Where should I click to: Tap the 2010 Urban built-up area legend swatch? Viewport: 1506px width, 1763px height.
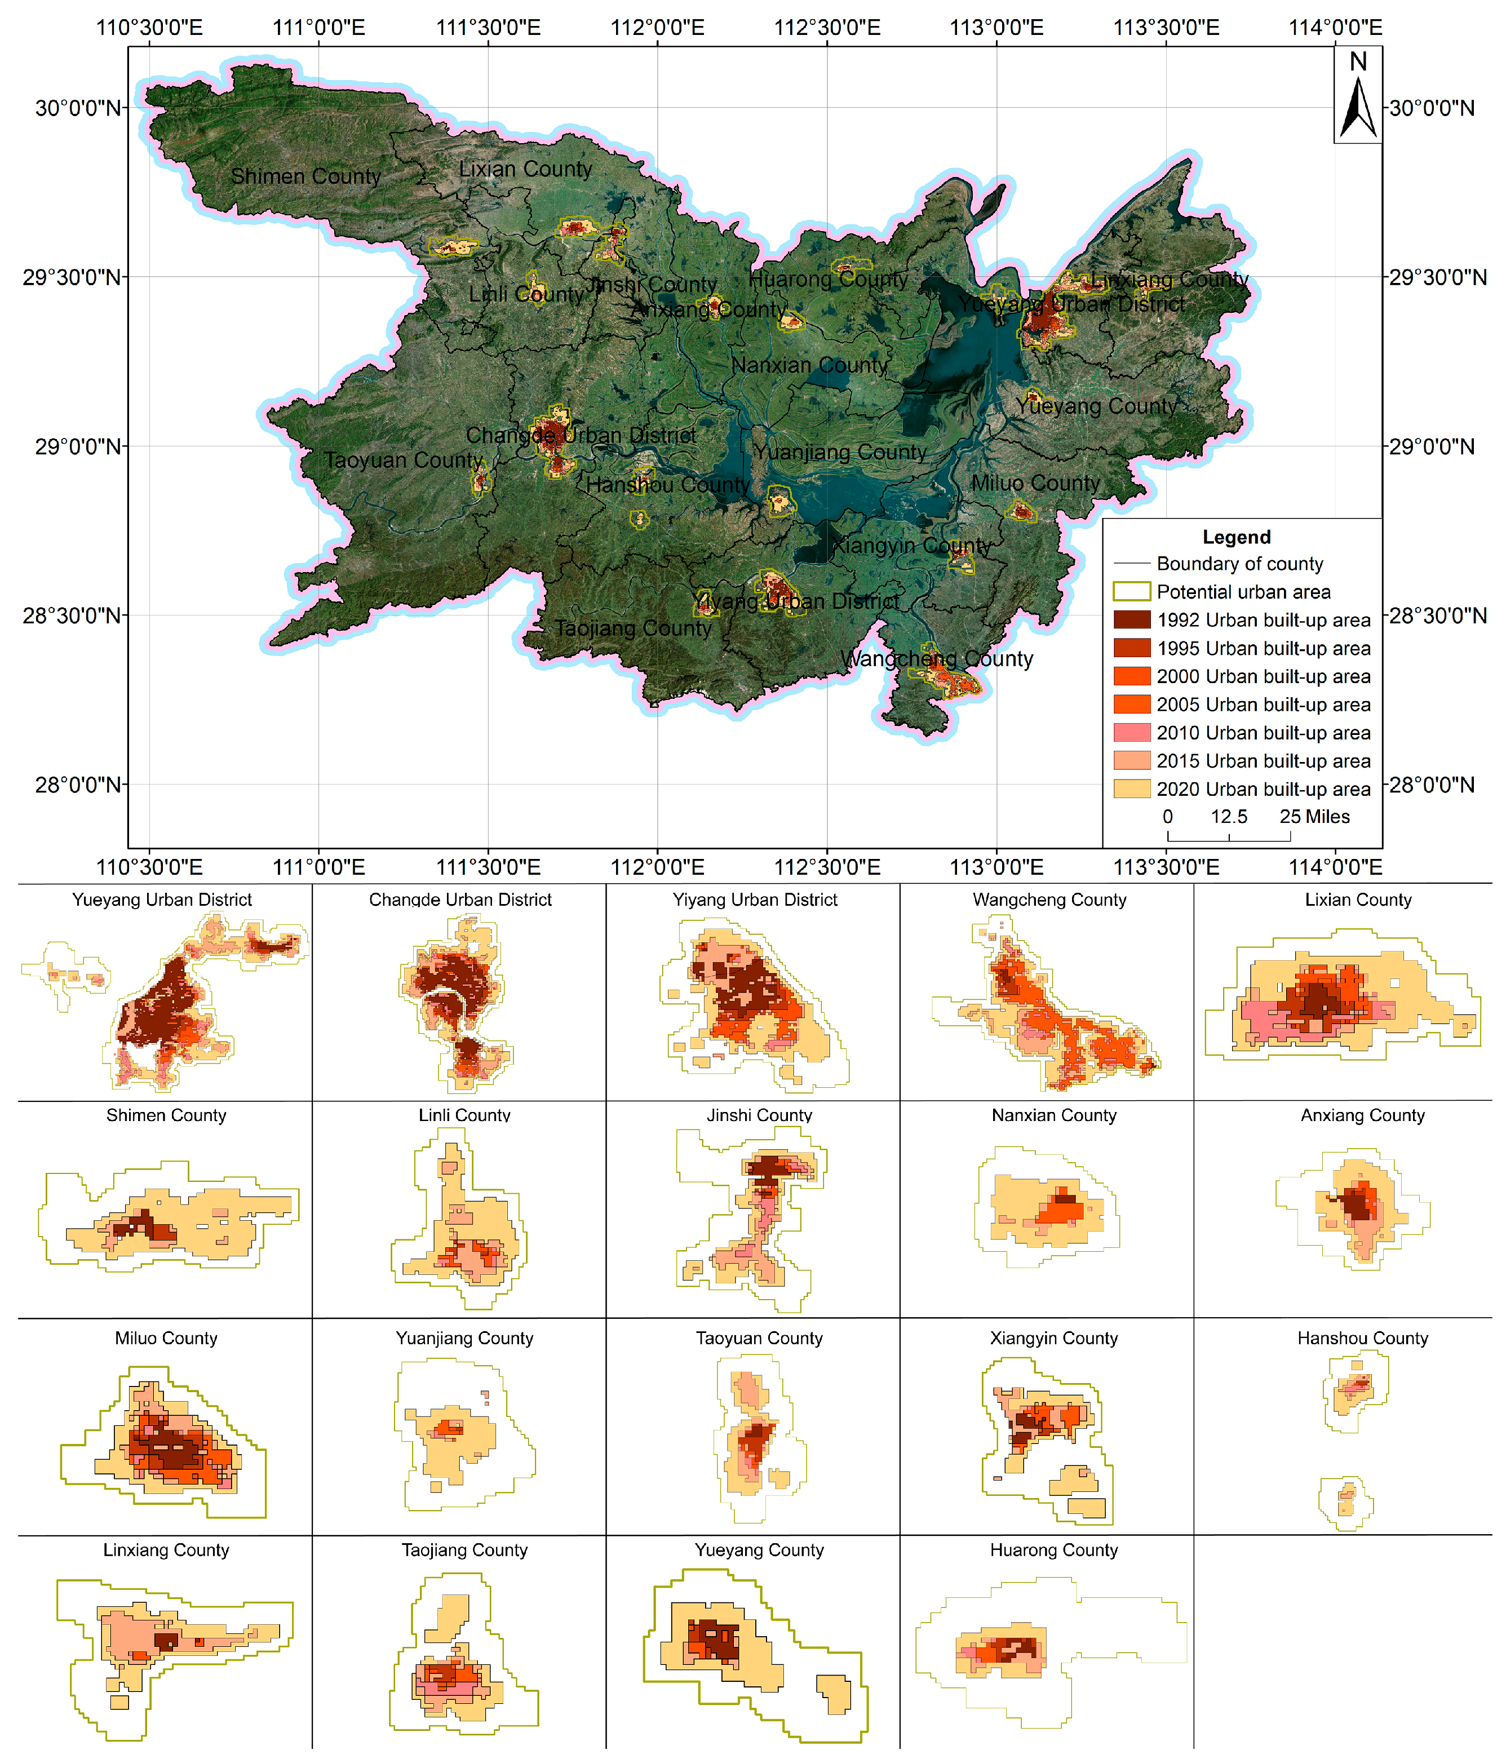point(1132,733)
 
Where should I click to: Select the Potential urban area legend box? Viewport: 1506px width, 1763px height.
point(1132,591)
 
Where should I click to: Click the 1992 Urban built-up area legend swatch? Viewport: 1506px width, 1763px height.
point(1132,619)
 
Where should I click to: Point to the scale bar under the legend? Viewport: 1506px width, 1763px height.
point(1229,837)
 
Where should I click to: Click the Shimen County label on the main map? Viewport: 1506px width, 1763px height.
point(305,176)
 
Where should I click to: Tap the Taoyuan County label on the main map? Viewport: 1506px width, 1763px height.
point(404,460)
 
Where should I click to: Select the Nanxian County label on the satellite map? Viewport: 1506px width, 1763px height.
point(809,365)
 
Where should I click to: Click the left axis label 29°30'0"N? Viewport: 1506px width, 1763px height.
point(72,277)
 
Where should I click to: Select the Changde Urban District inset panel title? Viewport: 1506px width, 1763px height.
point(460,900)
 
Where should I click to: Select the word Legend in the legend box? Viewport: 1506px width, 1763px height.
point(1236,537)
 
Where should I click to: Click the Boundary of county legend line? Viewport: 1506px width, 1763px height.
point(1132,563)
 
